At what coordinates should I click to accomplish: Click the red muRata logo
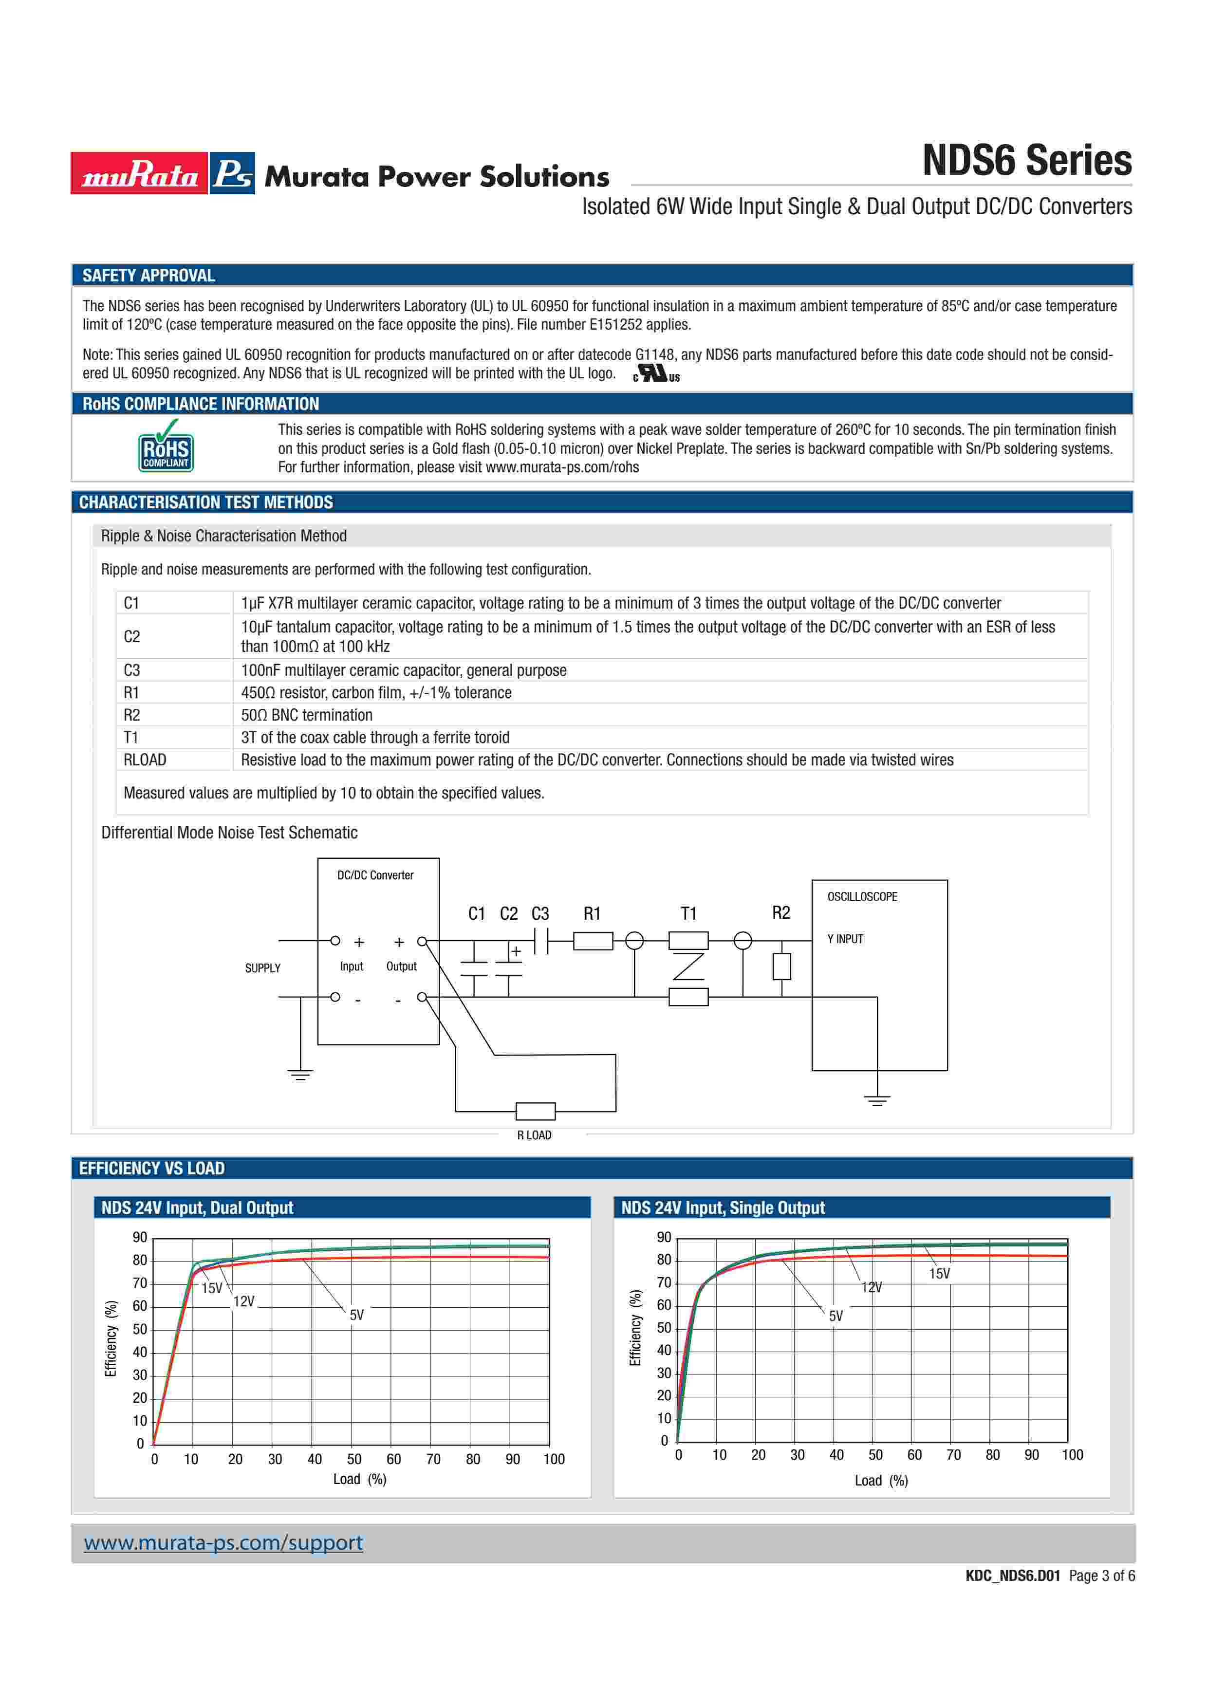(x=139, y=173)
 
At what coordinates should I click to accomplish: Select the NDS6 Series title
(x=1026, y=161)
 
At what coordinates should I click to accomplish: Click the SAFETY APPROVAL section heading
(x=149, y=275)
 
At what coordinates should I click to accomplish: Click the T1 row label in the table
(x=131, y=737)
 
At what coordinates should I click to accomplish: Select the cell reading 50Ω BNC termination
(x=306, y=715)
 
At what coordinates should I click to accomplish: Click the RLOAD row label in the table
(x=145, y=760)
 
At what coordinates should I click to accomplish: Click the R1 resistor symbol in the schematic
(x=593, y=941)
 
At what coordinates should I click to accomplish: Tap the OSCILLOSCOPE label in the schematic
(x=862, y=896)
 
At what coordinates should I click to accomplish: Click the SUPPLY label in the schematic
(x=262, y=968)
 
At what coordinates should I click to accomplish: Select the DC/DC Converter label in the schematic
(x=375, y=875)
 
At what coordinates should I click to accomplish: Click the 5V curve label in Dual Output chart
(x=357, y=1315)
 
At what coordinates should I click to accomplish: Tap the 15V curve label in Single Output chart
(x=939, y=1274)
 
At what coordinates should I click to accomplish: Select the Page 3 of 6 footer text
(x=1101, y=1576)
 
